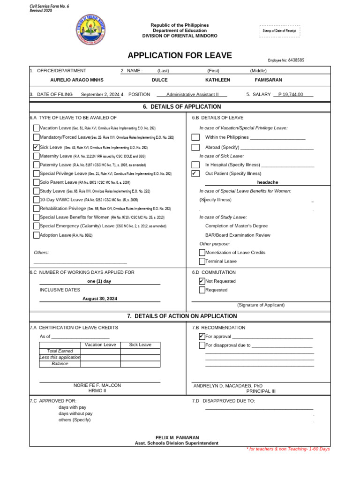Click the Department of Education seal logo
tap(90, 29)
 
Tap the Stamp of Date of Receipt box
tap(279, 31)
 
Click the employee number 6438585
tap(296, 60)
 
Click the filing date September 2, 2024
tap(100, 94)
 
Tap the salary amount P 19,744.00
tap(291, 94)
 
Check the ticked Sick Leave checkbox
tap(37, 147)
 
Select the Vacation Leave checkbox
tap(37, 128)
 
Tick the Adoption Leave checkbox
tap(37, 235)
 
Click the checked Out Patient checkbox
tap(195, 173)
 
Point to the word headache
tap(268, 182)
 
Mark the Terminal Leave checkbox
tap(202, 262)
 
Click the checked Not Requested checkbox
tap(202, 281)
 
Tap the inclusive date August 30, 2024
tap(100, 299)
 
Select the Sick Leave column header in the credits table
tap(140, 345)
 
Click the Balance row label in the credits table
tap(60, 364)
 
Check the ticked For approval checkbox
tap(202, 337)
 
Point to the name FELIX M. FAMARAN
tap(177, 437)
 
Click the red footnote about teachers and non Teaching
tap(288, 449)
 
